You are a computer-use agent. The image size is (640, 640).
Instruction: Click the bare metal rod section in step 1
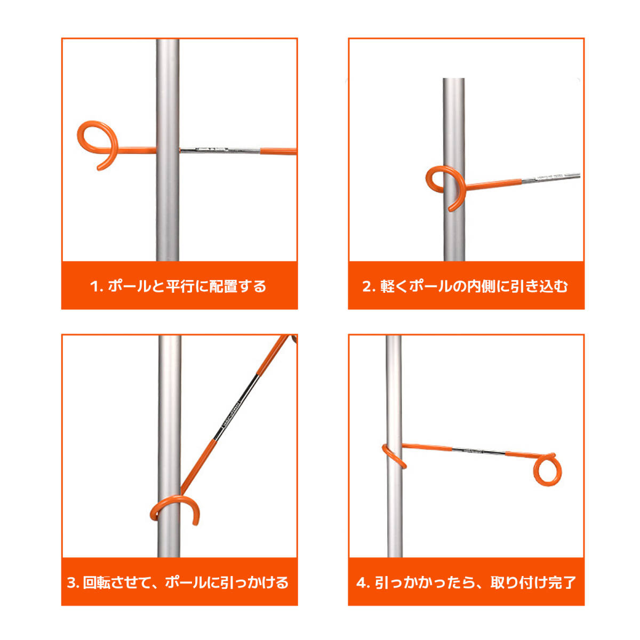220,150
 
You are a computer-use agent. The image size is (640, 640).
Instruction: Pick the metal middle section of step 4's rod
478,451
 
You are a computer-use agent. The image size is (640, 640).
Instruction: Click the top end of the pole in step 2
454,79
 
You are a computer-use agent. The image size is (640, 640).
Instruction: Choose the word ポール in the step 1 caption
130,286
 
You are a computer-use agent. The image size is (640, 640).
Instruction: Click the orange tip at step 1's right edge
278,151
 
